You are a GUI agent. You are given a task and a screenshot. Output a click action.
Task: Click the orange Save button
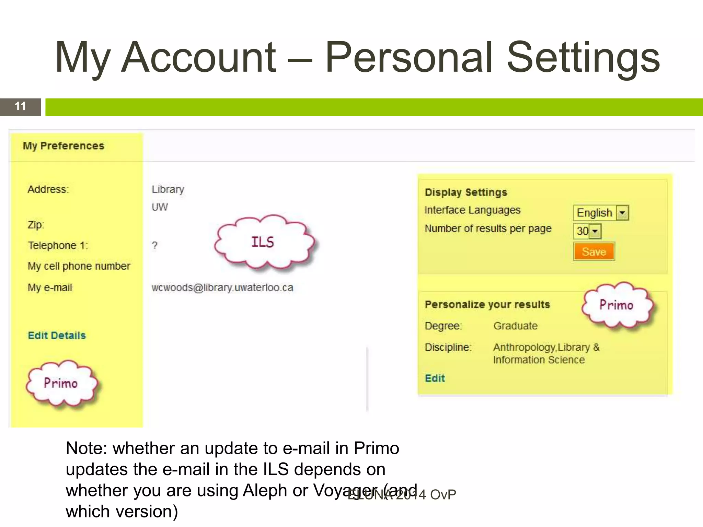593,251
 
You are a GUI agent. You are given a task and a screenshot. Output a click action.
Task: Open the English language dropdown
600,213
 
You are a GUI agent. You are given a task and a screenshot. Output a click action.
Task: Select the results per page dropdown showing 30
587,231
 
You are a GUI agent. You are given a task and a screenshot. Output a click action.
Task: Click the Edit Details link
57,335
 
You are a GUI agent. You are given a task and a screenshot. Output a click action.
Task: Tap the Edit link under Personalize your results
435,378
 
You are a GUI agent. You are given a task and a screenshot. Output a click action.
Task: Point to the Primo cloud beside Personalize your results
616,305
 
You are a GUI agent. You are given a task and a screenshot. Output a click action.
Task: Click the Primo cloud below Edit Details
61,383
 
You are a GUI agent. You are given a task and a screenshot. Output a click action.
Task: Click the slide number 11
20,106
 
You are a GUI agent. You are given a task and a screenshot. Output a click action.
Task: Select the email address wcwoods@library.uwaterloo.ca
222,288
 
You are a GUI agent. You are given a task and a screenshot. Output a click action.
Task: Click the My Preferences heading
64,146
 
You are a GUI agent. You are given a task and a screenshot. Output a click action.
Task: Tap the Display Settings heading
466,192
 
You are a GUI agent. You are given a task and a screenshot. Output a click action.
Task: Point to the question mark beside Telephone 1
155,245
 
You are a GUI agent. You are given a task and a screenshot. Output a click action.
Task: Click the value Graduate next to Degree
515,326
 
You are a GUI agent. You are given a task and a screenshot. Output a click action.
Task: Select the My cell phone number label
79,266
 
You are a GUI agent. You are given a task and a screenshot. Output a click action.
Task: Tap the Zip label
36,225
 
